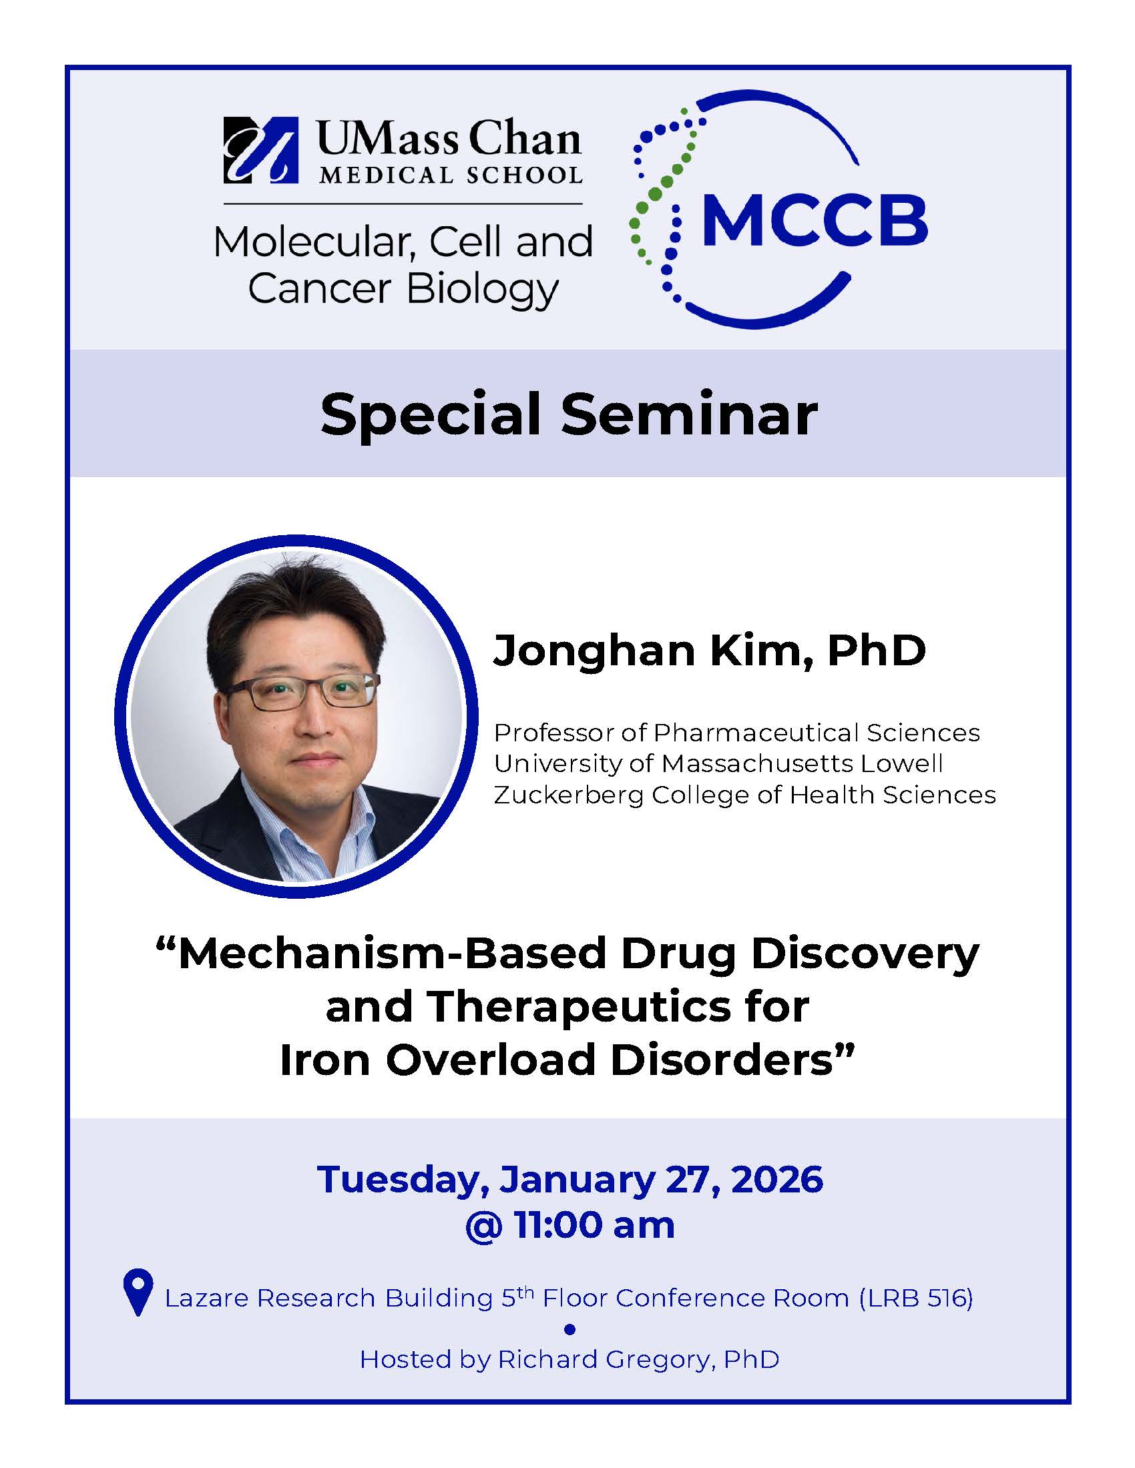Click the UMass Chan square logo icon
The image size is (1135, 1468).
(261, 151)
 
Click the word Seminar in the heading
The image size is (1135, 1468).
(689, 415)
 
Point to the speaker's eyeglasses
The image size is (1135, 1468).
(304, 692)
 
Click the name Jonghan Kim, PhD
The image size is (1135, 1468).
(709, 651)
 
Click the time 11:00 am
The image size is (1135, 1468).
(594, 1225)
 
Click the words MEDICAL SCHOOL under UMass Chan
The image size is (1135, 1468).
(451, 175)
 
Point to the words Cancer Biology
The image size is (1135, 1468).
(403, 289)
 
